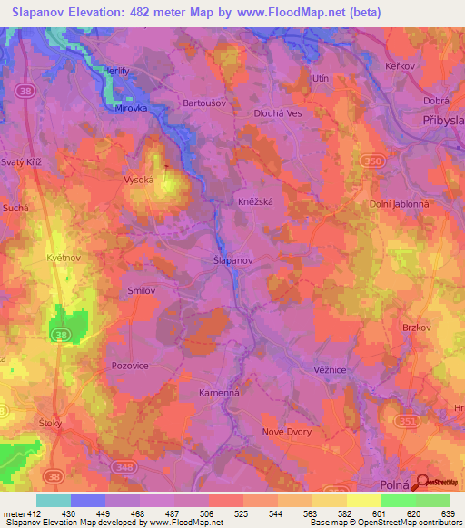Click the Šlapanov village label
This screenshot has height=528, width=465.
click(x=232, y=259)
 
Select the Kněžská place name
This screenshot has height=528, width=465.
click(x=256, y=201)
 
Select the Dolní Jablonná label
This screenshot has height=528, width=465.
click(x=399, y=205)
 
